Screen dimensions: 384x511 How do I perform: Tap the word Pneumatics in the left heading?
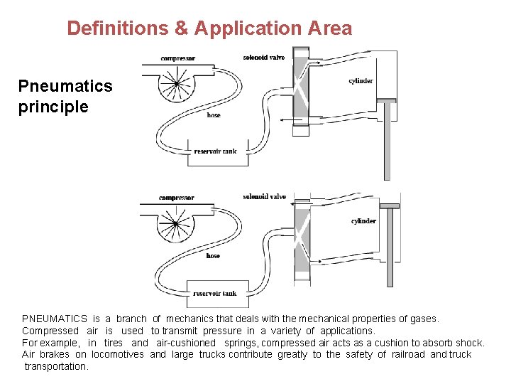(x=65, y=86)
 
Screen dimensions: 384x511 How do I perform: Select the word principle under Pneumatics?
(x=53, y=107)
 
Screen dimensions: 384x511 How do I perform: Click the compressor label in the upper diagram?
(x=178, y=58)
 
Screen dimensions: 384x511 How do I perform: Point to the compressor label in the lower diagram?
(x=177, y=198)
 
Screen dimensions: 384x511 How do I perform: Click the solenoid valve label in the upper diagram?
(x=263, y=57)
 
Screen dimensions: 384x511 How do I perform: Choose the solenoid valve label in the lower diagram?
(x=264, y=197)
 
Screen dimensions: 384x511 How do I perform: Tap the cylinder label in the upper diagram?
(x=361, y=81)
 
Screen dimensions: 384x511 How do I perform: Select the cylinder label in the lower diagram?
(x=363, y=221)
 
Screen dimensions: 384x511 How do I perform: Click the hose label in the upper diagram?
(x=213, y=115)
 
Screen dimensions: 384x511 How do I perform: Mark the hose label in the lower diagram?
(x=213, y=256)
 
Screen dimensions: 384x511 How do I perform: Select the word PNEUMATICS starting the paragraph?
(x=55, y=319)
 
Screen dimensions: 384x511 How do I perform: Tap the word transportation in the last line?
(x=56, y=366)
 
